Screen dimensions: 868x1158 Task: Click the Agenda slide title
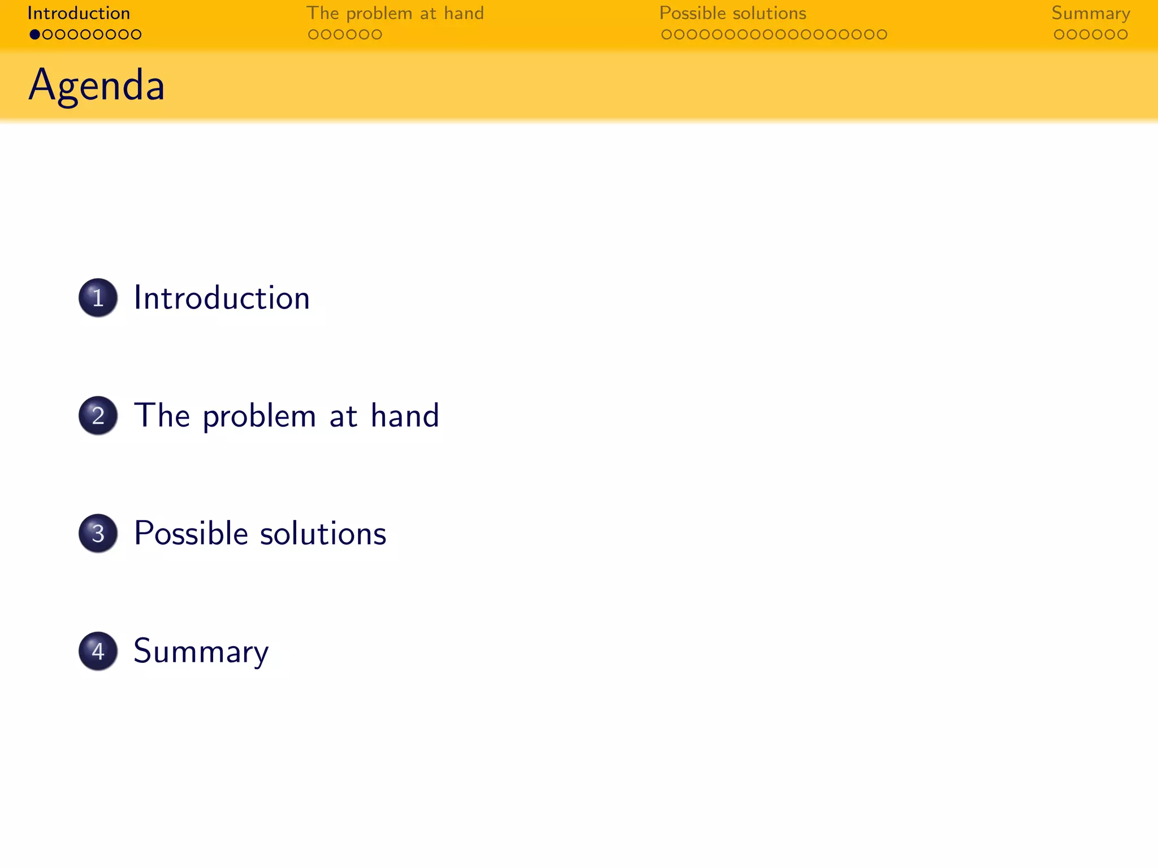tap(97, 85)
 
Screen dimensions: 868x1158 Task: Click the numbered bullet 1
tap(98, 298)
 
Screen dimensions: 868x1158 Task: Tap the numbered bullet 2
tap(98, 415)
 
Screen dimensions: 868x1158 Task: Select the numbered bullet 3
tap(98, 533)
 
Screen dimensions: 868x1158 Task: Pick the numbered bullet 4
tap(98, 651)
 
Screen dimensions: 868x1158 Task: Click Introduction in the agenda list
tap(222, 298)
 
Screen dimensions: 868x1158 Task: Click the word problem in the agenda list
tap(259, 417)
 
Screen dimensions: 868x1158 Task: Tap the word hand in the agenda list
tap(405, 416)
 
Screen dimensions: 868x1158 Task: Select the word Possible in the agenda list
tap(191, 533)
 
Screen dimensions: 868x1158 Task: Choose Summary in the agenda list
tap(201, 651)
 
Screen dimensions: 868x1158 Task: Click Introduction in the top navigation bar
tap(79, 13)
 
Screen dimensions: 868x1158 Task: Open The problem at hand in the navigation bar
tap(395, 13)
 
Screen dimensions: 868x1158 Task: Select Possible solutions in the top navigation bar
tap(733, 13)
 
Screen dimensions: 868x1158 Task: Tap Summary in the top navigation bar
tap(1091, 13)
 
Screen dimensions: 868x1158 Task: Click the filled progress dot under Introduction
tap(35, 34)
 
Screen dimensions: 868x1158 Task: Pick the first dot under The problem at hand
tap(313, 34)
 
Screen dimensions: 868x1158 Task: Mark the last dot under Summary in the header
tap(1123, 34)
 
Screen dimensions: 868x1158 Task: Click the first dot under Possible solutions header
tap(667, 34)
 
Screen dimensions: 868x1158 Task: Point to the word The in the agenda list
tap(162, 416)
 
